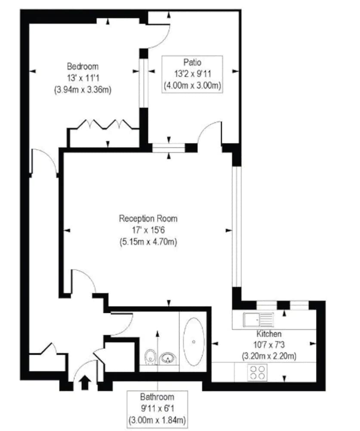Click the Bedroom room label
[83, 66]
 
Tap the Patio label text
[192, 62]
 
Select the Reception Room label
[148, 219]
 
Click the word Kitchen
[269, 334]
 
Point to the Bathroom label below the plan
[157, 397]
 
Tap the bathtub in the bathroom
[194, 342]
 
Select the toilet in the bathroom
[150, 357]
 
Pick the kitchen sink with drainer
[258, 320]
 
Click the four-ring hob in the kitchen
[258, 372]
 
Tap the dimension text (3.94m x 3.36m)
[83, 90]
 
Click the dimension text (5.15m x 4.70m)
[148, 242]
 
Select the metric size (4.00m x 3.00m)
[192, 86]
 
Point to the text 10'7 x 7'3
[269, 345]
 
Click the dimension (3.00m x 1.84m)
[157, 420]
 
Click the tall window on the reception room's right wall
[236, 227]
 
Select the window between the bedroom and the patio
[144, 83]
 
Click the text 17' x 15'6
[148, 230]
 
